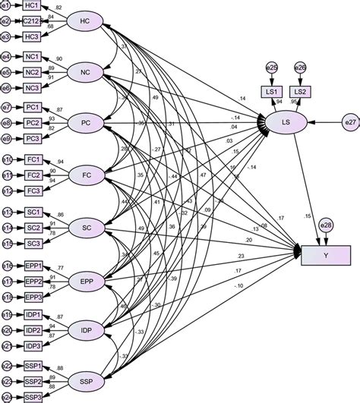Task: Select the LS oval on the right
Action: pos(286,121)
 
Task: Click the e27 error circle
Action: pos(349,121)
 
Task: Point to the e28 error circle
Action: pos(325,225)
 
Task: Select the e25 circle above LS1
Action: pos(270,68)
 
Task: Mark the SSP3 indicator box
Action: pos(33,398)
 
